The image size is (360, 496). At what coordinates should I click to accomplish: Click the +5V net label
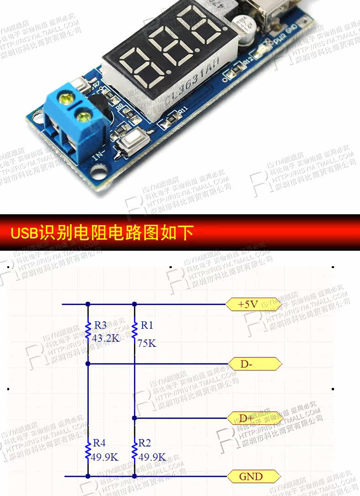253,305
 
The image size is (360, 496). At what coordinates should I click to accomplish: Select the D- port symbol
253,364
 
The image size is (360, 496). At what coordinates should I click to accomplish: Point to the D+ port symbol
253,418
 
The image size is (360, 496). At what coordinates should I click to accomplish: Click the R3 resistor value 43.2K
106,339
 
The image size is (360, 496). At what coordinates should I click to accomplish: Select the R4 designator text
99,443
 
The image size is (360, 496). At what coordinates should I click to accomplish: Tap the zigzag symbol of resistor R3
88,331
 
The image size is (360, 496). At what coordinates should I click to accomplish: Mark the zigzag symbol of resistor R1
134,331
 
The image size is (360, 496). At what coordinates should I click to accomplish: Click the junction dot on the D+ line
134,418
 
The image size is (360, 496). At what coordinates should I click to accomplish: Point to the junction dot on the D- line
88,364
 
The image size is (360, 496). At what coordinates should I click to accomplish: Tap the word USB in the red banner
25,233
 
